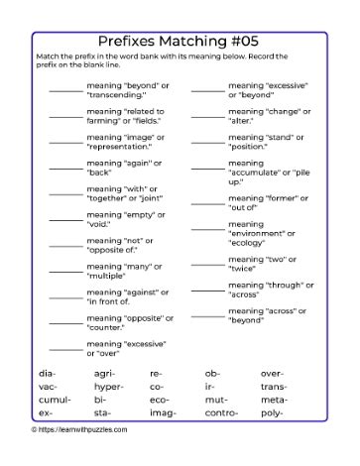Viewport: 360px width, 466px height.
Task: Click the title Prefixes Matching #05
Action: (180, 42)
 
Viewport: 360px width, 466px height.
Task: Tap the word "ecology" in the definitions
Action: (249, 241)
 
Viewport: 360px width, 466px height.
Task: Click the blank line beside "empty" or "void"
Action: (65, 218)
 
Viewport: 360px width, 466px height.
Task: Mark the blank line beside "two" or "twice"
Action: (207, 263)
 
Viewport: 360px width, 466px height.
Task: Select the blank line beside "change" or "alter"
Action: (207, 116)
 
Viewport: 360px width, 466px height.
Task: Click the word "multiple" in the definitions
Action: (108, 275)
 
